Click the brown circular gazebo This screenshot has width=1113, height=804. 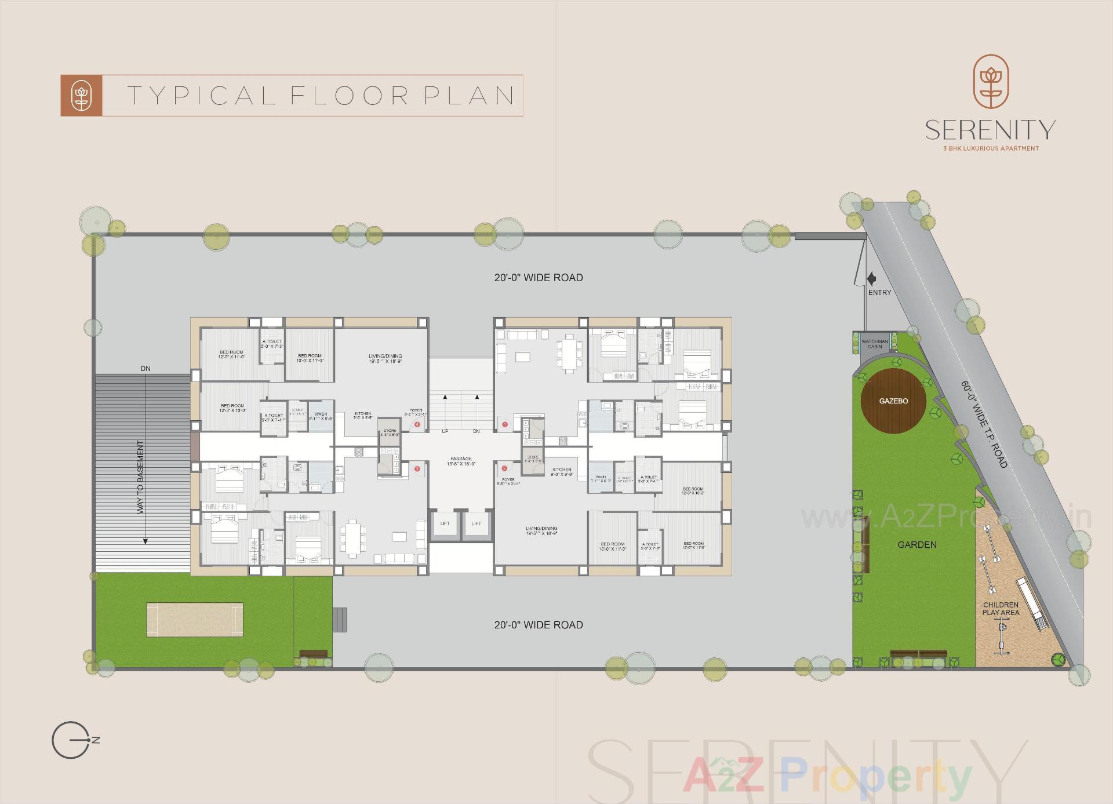pyautogui.click(x=893, y=401)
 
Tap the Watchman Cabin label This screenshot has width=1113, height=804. pyautogui.click(x=875, y=344)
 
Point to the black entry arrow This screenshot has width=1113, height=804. pyautogui.click(x=871, y=279)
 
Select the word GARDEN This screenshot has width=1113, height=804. pyautogui.click(x=916, y=545)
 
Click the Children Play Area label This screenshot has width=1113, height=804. pyautogui.click(x=1001, y=609)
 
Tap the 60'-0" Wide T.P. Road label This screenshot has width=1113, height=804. pyautogui.click(x=984, y=424)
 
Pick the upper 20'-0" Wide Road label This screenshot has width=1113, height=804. pyautogui.click(x=538, y=278)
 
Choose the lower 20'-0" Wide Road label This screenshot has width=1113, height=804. pyautogui.click(x=538, y=625)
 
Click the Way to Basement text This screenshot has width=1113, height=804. pyautogui.click(x=140, y=477)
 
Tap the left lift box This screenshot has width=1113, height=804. pyautogui.click(x=445, y=524)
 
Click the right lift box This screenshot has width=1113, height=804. pyautogui.click(x=477, y=524)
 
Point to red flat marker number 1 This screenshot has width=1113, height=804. pyautogui.click(x=505, y=424)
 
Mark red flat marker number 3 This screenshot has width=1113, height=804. pyautogui.click(x=417, y=468)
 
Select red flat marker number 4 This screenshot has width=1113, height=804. pyautogui.click(x=417, y=424)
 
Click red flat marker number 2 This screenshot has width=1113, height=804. pyautogui.click(x=504, y=468)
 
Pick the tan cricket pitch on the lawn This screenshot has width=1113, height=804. pyautogui.click(x=194, y=620)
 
